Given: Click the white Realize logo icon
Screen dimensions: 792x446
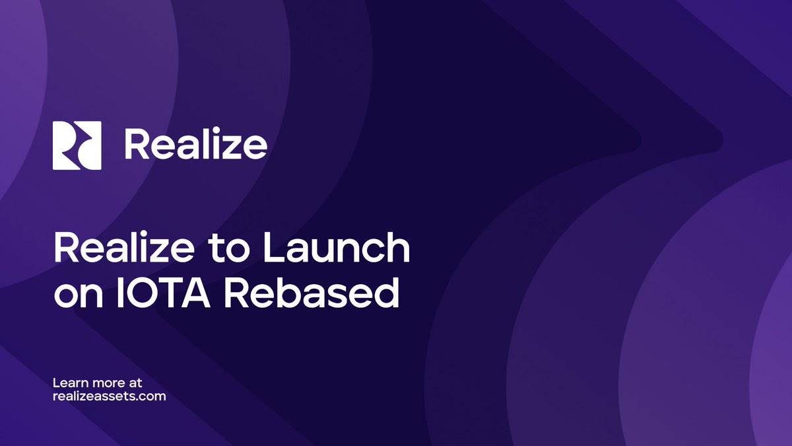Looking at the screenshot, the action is pyautogui.click(x=77, y=145).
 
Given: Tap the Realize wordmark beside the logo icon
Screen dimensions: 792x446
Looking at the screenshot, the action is pyautogui.click(x=196, y=143).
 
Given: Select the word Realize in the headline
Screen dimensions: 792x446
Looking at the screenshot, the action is pyautogui.click(x=124, y=247).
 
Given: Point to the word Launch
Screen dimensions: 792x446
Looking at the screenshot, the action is pyautogui.click(x=336, y=247).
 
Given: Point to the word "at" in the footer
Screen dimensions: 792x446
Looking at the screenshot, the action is pyautogui.click(x=135, y=383).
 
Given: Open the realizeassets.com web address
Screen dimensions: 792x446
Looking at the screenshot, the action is pyautogui.click(x=110, y=396).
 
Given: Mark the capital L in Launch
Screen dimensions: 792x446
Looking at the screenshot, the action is pyautogui.click(x=272, y=248).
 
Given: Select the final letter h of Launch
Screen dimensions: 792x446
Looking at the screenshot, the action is pyautogui.click(x=398, y=247).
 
